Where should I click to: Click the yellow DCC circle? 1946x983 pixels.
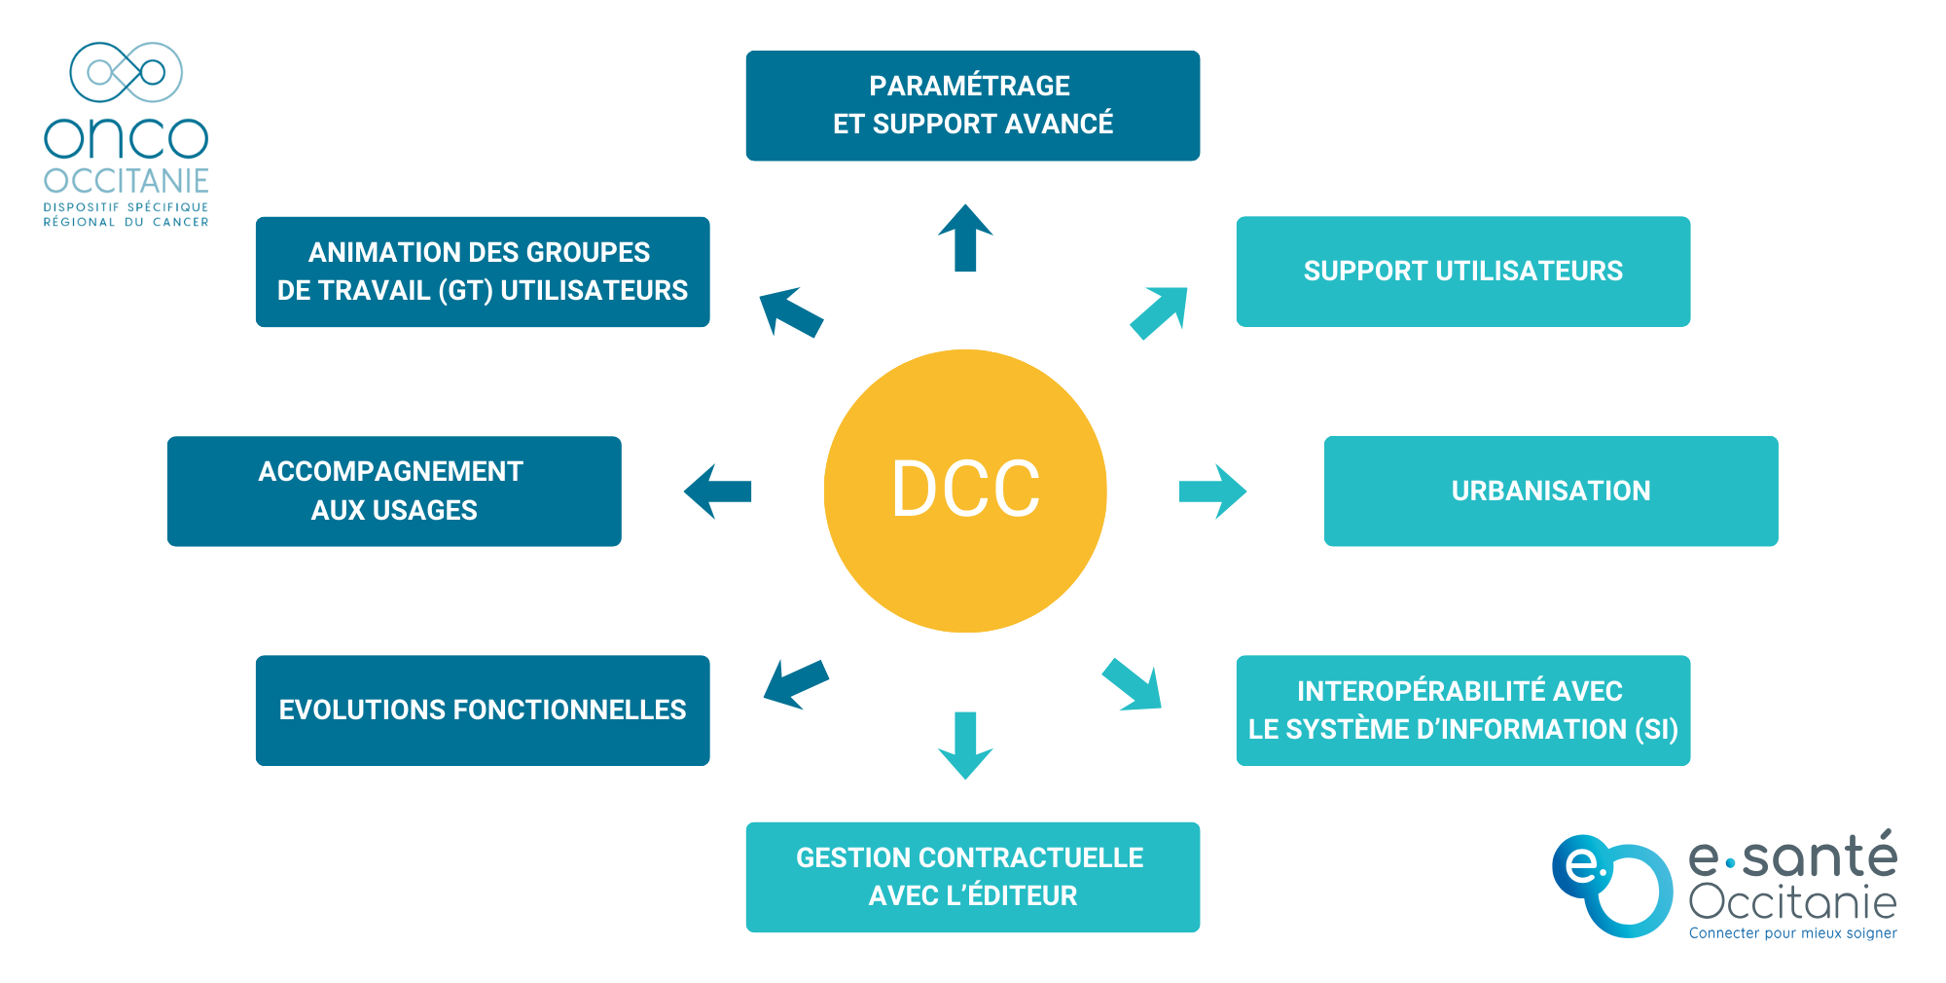pyautogui.click(x=965, y=491)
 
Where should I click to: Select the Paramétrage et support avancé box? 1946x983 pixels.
pyautogui.click(x=972, y=105)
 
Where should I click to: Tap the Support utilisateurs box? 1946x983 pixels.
pyautogui.click(x=1462, y=272)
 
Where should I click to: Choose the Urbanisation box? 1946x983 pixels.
pyautogui.click(x=1550, y=491)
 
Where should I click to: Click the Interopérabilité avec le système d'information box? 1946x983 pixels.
pyautogui.click(x=1462, y=710)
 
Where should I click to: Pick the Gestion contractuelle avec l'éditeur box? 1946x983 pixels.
pyautogui.click(x=972, y=877)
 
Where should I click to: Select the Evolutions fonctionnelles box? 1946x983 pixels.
pyautogui.click(x=483, y=710)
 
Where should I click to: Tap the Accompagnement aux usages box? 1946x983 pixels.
pyautogui.click(x=394, y=491)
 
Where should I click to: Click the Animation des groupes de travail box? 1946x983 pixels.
pyautogui.click(x=483, y=272)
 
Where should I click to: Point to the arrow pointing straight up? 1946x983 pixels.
pyautogui.click(x=965, y=238)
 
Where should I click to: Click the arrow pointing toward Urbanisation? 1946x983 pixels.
pyautogui.click(x=1211, y=491)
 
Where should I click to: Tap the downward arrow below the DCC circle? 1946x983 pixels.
pyautogui.click(x=965, y=746)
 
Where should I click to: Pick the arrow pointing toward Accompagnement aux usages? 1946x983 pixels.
pyautogui.click(x=718, y=491)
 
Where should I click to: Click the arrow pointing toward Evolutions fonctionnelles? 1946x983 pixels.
pyautogui.click(x=795, y=683)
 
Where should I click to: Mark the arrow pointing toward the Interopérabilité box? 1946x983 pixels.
pyautogui.click(x=1133, y=685)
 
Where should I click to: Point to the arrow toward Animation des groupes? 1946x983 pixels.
pyautogui.click(x=790, y=311)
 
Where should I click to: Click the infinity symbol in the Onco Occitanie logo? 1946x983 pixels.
pyautogui.click(x=126, y=72)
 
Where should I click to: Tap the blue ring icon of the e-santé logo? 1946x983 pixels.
pyautogui.click(x=1611, y=886)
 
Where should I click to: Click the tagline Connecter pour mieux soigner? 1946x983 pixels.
pyautogui.click(x=1792, y=933)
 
